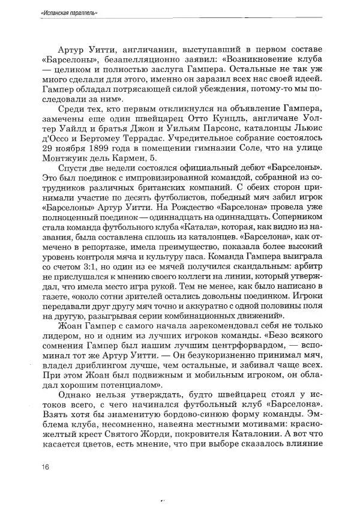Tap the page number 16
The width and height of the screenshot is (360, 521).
point(46,468)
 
